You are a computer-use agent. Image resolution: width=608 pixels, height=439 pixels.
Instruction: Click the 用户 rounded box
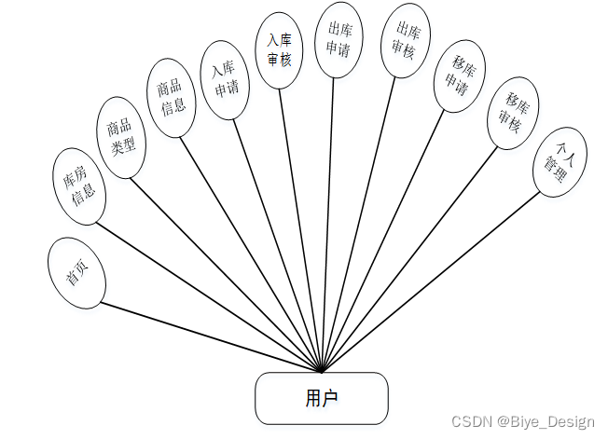(321, 398)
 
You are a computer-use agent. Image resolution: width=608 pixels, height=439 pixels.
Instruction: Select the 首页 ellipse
(76, 272)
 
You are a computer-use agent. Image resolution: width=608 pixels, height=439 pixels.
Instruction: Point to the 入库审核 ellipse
(279, 49)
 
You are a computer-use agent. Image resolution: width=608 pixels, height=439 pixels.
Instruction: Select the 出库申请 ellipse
(338, 39)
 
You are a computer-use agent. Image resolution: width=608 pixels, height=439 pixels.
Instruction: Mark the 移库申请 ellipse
(459, 75)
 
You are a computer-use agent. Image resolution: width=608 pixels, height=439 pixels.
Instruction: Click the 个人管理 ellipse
(562, 162)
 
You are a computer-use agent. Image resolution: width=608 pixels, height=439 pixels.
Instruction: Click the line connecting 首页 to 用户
(210, 336)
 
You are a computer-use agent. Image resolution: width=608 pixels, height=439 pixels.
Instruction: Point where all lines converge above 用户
(322, 370)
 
